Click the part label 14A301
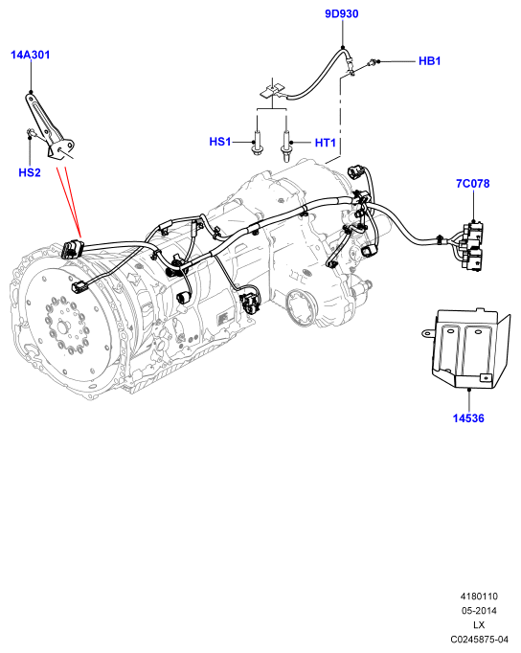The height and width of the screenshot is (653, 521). pos(30,55)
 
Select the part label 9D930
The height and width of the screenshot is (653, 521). pos(342,14)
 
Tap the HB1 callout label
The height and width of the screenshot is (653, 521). pos(429,61)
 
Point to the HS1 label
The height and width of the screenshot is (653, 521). pos(220,142)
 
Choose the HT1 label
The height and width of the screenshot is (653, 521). pos(326,143)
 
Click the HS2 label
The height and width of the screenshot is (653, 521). pos(30,172)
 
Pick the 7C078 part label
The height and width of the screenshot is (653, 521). pos(473,184)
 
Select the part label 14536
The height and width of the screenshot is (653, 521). pos(468,418)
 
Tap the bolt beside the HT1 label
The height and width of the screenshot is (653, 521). pos(285,146)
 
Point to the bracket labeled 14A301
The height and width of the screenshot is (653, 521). pos(49,127)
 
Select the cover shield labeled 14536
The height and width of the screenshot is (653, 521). pos(468,349)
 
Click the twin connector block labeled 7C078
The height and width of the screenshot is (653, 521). pos(471,246)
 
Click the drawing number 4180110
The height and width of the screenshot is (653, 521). pos(479,597)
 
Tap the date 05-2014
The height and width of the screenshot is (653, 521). pos(479,611)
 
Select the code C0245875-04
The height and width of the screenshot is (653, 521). pos(479,639)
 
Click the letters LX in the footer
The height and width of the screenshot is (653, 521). pos(479,624)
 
